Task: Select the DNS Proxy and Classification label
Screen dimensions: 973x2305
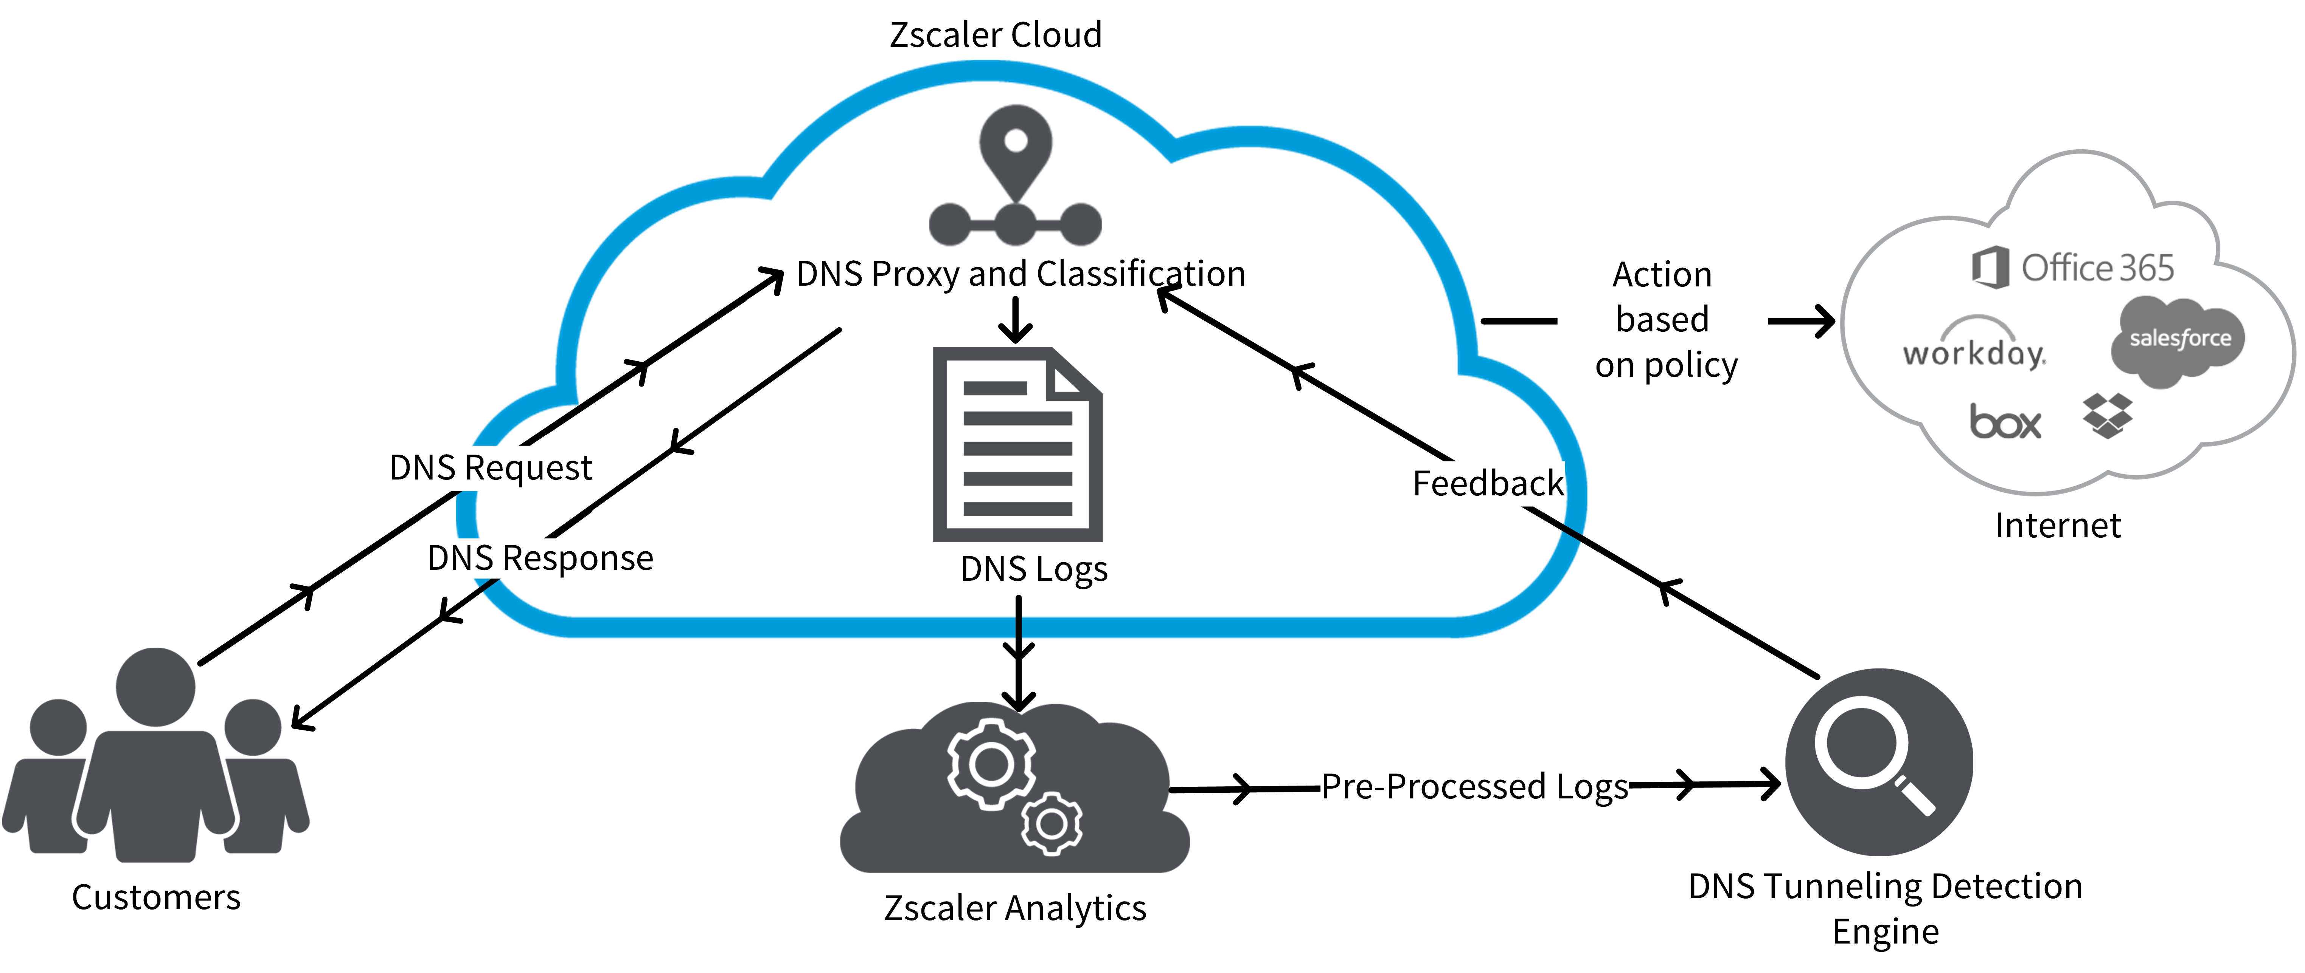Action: click(1020, 274)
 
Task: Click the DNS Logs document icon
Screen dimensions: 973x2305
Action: click(1017, 444)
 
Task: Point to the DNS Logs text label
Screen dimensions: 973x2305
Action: click(1033, 569)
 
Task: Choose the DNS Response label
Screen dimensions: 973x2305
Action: click(540, 558)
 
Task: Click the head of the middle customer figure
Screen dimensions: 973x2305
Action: click(156, 687)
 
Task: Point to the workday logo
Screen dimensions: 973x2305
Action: click(1974, 349)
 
